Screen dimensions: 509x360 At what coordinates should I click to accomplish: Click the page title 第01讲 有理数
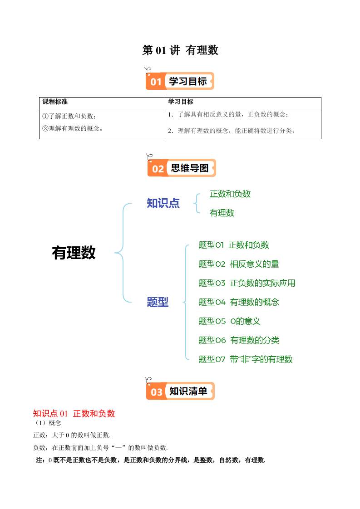180,50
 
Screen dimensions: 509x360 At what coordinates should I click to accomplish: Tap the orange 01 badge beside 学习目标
156,82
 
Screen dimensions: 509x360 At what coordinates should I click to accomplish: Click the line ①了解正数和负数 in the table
69,116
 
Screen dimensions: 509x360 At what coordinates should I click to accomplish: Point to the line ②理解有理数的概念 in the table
72,128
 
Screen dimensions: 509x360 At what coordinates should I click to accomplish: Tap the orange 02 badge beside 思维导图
158,169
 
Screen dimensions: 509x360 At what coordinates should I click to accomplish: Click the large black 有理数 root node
74,253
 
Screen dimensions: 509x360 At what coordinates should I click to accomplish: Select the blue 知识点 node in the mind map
163,203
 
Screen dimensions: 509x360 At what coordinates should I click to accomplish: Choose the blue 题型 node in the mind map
158,302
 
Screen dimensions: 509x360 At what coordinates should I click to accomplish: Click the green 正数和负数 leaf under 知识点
230,194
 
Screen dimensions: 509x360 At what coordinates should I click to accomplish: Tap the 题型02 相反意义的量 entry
238,264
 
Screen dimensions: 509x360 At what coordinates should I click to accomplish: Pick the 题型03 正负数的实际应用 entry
247,283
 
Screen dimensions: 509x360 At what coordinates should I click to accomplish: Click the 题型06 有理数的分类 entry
239,340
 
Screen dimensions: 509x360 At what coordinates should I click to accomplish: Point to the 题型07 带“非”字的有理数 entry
246,359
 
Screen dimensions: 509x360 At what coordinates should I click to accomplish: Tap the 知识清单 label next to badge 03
188,391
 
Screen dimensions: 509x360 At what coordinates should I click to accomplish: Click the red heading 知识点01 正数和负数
74,413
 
